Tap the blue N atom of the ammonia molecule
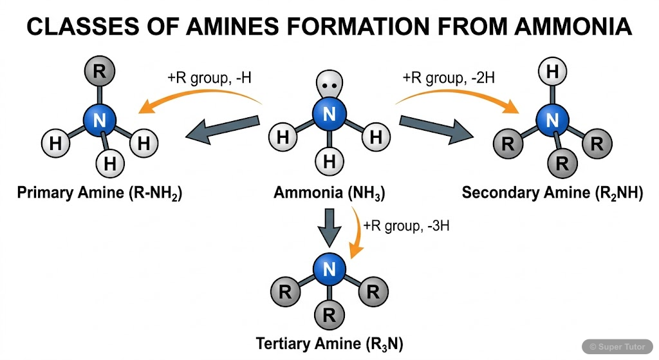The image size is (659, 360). coord(329,115)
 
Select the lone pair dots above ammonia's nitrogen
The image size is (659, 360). coord(329,86)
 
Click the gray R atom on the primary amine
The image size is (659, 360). coord(99,71)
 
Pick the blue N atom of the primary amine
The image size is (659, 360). coord(99,119)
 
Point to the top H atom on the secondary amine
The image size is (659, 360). coord(552,72)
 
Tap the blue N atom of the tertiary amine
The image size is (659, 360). coord(329,269)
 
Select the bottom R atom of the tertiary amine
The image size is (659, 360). coord(329,315)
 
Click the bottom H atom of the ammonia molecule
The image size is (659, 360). coord(329,162)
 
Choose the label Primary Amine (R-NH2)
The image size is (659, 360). coord(99,193)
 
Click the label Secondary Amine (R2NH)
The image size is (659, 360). coord(552,193)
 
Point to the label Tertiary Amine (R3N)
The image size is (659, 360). coord(329,343)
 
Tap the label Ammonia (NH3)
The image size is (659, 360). coord(329,193)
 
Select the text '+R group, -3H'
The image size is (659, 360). coord(402,226)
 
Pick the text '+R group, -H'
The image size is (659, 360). coord(209,78)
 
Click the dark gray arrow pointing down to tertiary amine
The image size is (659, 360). coord(329,227)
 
